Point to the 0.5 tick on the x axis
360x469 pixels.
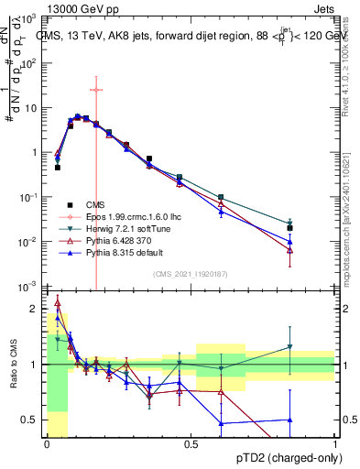191,443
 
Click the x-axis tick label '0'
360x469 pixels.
47,443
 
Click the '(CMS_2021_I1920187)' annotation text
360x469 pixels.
191,274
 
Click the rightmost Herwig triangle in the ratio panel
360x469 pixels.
289,347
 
